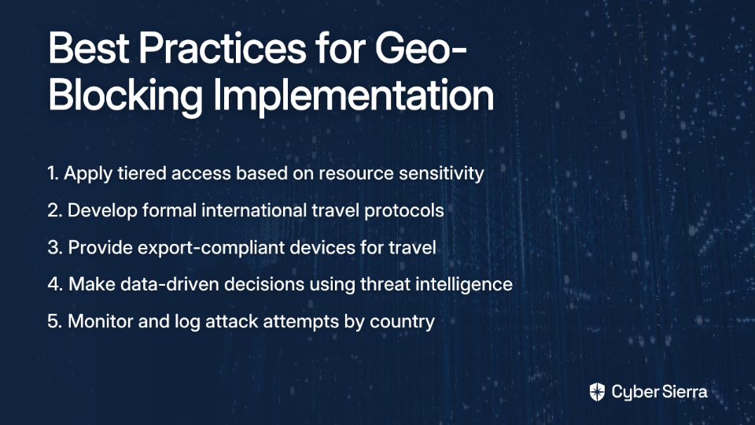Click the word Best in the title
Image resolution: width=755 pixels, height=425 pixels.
click(89, 48)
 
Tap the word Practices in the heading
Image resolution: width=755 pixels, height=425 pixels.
click(223, 48)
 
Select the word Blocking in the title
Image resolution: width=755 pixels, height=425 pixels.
click(125, 95)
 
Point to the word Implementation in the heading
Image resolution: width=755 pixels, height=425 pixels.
click(353, 95)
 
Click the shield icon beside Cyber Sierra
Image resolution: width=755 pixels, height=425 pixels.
click(597, 392)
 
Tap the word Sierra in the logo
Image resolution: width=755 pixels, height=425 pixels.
click(683, 392)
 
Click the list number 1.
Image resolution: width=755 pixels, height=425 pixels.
click(53, 173)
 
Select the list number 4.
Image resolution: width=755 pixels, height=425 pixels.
click(55, 284)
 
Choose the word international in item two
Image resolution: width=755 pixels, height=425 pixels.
click(254, 211)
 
